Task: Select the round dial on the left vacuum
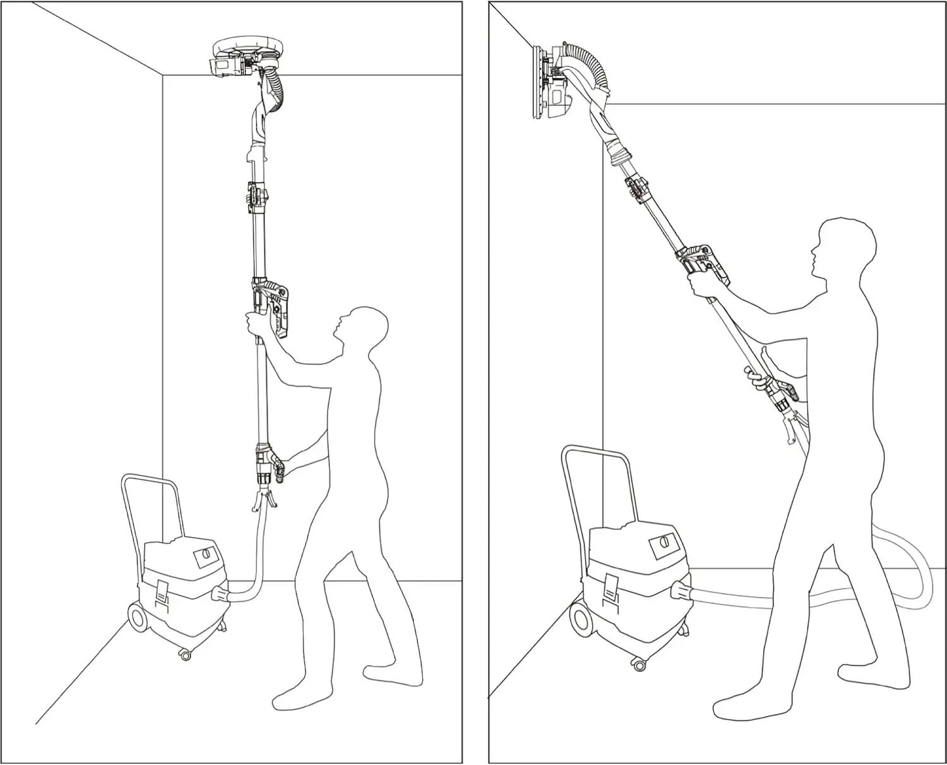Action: pyautogui.click(x=205, y=558)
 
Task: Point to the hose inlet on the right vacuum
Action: pyautogui.click(x=681, y=591)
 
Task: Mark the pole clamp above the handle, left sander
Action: pyautogui.click(x=256, y=195)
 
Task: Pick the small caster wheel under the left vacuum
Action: pyautogui.click(x=185, y=656)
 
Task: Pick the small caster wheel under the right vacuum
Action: pyautogui.click(x=639, y=665)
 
